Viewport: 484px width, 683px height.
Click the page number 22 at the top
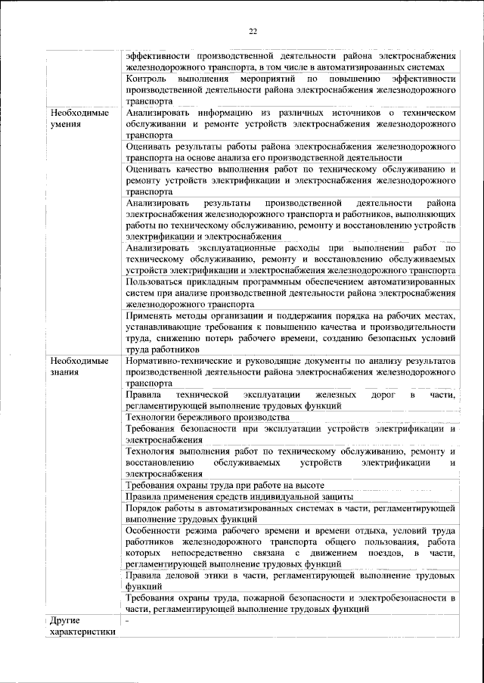coord(253,31)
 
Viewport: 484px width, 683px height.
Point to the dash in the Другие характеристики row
coord(128,620)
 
